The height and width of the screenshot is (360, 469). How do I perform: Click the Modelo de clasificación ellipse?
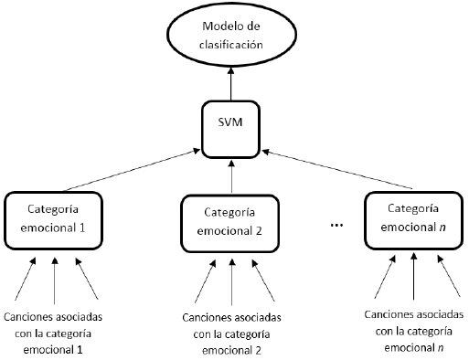(233, 36)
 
